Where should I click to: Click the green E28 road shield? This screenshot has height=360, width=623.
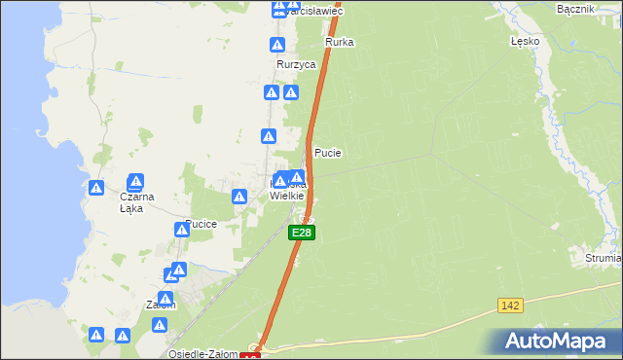click(x=302, y=234)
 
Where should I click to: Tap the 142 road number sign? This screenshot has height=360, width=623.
click(x=510, y=306)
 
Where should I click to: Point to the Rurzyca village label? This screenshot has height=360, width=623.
click(x=297, y=64)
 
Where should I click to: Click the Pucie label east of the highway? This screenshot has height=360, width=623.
click(x=328, y=154)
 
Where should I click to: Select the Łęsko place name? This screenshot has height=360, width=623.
click(x=525, y=43)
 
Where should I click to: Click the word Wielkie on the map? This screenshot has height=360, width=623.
click(x=287, y=196)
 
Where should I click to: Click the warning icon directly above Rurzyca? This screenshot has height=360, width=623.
click(x=278, y=45)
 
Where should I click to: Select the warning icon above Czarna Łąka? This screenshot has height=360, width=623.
click(x=135, y=181)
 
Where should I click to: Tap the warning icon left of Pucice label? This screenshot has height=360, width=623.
click(x=181, y=230)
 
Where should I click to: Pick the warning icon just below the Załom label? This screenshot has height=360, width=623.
click(x=123, y=336)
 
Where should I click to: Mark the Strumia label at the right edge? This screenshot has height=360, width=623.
click(x=604, y=259)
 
